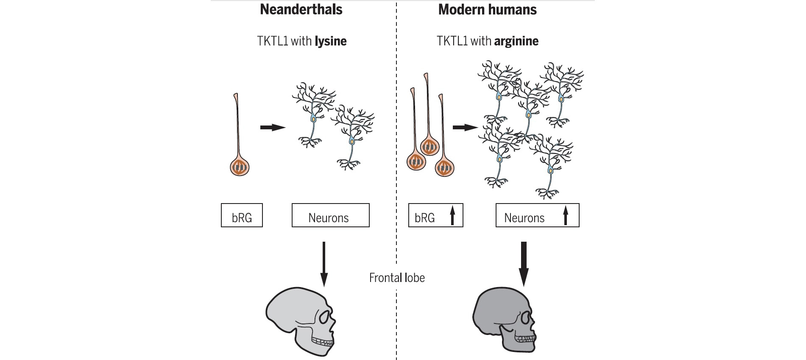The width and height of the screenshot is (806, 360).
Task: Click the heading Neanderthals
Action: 301,9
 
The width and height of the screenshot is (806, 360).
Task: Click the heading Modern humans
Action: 487,9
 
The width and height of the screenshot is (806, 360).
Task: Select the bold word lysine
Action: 330,41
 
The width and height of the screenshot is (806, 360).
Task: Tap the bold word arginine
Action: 516,41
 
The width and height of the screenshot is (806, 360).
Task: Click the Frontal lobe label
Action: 397,278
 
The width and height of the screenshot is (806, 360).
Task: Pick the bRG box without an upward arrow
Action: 242,215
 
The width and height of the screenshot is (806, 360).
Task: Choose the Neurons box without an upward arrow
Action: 330,215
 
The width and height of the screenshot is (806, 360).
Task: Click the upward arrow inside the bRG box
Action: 452,215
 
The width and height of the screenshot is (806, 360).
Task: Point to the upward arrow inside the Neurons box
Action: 565,215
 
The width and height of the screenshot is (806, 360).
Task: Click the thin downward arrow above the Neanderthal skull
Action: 324,263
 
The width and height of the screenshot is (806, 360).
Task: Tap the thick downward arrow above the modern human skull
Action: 524,263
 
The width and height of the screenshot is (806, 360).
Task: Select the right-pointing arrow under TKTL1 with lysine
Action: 272,127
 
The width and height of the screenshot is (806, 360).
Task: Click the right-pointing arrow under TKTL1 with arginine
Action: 465,127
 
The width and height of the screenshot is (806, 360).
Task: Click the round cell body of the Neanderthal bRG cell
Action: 240,167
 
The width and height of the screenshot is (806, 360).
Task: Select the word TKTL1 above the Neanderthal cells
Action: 272,41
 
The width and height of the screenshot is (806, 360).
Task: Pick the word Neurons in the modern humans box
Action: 524,218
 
